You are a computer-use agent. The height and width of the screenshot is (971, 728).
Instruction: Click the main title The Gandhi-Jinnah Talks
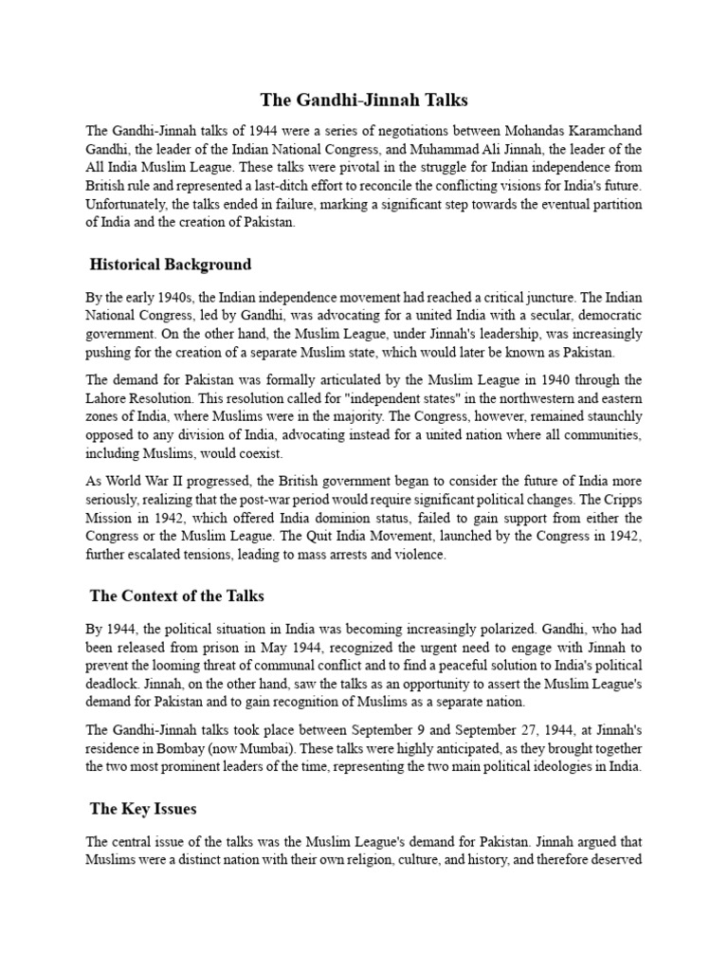click(364, 100)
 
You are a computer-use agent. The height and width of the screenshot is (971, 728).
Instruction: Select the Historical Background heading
click(171, 264)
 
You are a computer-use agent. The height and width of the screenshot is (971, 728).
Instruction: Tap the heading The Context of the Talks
click(176, 596)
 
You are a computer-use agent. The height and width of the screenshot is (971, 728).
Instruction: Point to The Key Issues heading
click(142, 809)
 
